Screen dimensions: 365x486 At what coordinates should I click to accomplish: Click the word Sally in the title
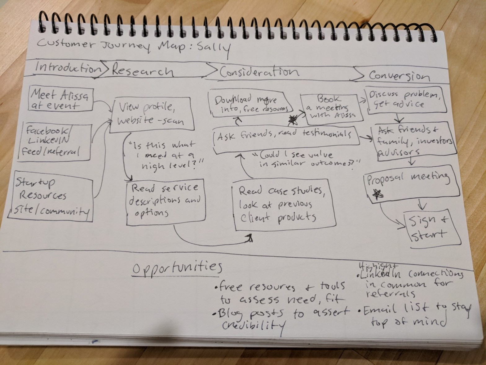click(215, 48)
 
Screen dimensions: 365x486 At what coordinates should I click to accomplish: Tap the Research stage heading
click(142, 70)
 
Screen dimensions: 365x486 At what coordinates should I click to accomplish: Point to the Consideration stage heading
click(259, 72)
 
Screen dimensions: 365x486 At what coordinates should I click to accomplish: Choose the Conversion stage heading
click(399, 76)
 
